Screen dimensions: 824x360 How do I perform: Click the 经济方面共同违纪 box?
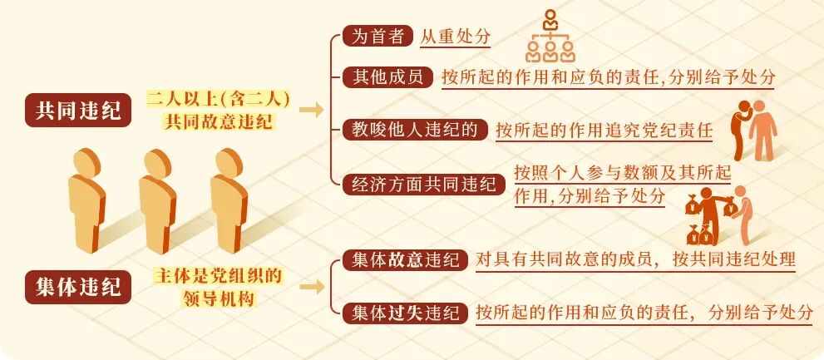pos(423,184)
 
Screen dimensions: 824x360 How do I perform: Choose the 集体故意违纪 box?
pos(405,260)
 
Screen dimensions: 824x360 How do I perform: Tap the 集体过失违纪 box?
pos(405,313)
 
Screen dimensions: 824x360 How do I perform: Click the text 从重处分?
pos(455,37)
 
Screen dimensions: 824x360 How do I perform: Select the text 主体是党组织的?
pos(218,275)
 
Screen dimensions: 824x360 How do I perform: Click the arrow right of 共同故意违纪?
pos(311,111)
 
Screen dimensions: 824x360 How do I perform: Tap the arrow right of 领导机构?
pos(311,287)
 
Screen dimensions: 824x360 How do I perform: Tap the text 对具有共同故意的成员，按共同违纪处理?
pos(636,259)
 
